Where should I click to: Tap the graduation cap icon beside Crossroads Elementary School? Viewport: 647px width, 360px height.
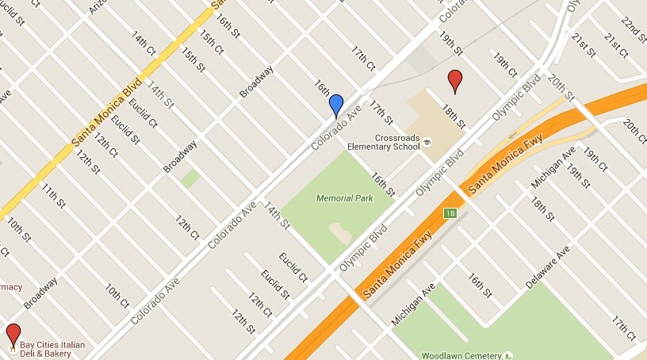point(427,142)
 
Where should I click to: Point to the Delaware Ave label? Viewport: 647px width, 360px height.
point(548,269)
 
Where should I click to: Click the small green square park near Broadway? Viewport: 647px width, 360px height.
point(190,178)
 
